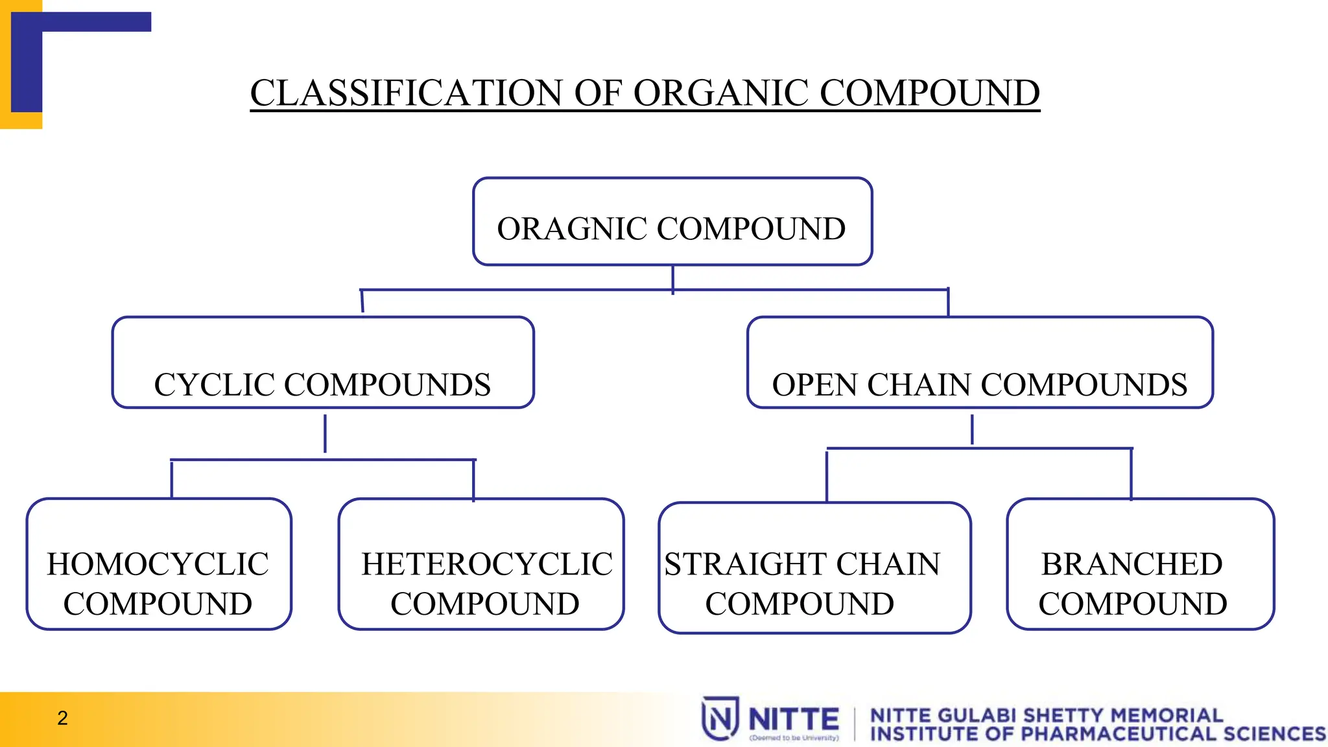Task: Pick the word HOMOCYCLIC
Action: pos(158,564)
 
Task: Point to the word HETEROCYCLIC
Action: pos(487,564)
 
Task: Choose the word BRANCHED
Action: pos(1132,564)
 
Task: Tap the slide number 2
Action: pos(62,718)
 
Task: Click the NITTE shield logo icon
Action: pos(720,718)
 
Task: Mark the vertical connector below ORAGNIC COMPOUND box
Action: pos(673,279)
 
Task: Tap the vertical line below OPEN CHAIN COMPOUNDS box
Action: pos(972,430)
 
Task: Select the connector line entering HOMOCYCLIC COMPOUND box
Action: pos(172,479)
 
